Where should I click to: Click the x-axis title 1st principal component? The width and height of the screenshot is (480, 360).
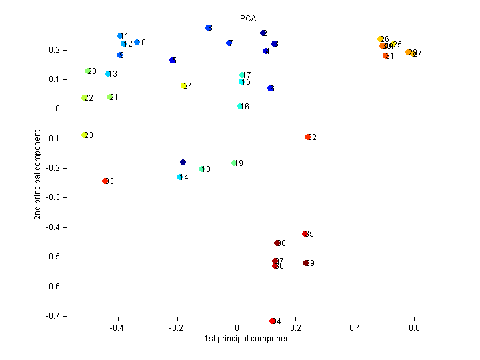(x=248, y=339)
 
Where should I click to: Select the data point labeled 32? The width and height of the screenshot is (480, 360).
(x=308, y=137)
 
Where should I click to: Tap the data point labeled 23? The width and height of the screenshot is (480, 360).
(x=85, y=135)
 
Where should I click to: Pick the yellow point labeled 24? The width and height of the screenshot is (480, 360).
(x=184, y=86)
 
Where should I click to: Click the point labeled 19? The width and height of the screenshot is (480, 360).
(x=235, y=163)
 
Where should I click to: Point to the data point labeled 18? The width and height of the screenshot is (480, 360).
(x=201, y=169)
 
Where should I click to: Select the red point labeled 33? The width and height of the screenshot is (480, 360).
(x=105, y=181)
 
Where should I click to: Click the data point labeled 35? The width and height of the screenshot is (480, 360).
(x=305, y=234)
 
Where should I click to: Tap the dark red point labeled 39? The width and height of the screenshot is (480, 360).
(x=306, y=263)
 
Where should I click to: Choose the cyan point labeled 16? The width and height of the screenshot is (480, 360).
(x=240, y=107)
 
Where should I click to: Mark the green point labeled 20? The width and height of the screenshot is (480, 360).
(x=88, y=71)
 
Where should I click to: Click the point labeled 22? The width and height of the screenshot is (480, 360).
(x=85, y=98)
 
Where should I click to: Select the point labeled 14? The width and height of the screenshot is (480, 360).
(x=179, y=177)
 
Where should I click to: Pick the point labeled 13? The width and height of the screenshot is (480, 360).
(x=108, y=74)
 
